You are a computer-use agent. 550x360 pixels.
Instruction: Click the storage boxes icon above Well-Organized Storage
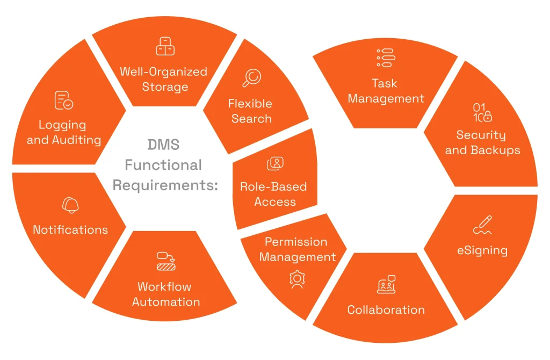(165, 46)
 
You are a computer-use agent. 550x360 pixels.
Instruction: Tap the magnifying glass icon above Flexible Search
(251, 78)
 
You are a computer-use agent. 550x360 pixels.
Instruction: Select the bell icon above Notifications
(70, 205)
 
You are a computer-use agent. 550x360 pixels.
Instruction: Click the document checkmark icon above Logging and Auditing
(64, 100)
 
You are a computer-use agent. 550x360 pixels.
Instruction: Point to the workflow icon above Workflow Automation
(166, 261)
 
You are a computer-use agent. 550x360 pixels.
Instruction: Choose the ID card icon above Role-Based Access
(275, 163)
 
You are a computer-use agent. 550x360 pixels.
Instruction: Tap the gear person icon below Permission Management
(296, 280)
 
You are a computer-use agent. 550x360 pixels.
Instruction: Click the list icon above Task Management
(386, 58)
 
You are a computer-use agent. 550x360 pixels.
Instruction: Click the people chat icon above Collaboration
(386, 285)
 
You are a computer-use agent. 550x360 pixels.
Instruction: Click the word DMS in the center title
(164, 145)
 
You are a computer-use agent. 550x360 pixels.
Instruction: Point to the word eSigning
(482, 250)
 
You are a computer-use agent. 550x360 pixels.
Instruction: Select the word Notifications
(70, 230)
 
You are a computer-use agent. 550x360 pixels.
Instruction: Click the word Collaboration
(386, 310)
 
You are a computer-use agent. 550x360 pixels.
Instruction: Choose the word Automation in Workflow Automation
(166, 302)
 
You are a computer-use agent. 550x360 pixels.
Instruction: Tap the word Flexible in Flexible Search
(250, 103)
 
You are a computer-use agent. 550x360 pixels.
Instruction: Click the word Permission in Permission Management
(296, 242)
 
